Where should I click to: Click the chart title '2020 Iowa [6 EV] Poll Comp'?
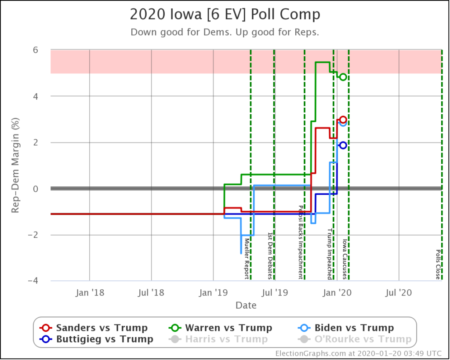225,15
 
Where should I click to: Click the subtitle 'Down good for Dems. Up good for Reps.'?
225,32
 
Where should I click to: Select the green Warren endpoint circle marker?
343,77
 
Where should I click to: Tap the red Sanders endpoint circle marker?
343,120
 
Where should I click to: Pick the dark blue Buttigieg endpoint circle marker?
343,145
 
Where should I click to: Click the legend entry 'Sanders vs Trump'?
94,328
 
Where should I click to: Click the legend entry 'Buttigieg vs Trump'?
96,339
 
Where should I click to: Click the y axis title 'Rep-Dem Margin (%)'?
15,165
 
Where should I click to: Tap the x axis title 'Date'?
246,305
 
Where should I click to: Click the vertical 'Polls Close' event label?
438,265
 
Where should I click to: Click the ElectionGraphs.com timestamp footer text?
358,353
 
